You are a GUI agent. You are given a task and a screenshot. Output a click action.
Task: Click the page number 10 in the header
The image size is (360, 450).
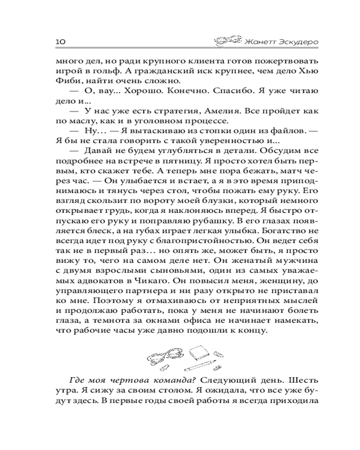(61, 41)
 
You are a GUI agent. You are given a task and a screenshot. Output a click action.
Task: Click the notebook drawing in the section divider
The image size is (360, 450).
(198, 351)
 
